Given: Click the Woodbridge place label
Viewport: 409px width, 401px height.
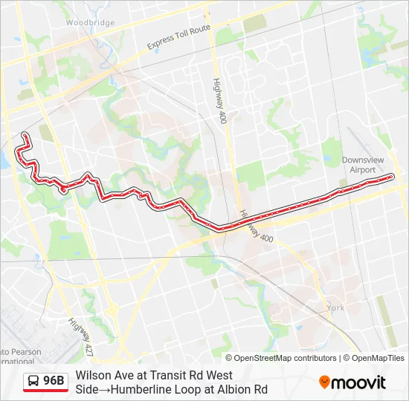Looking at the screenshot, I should (x=90, y=23).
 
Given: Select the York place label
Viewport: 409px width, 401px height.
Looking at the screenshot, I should (x=335, y=307).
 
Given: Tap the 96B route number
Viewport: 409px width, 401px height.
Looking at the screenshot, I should (x=54, y=382).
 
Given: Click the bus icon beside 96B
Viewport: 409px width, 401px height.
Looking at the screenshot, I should (x=34, y=382).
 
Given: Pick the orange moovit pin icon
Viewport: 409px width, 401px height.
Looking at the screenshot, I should (x=325, y=382).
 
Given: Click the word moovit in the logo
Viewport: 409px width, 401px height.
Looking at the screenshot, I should (x=358, y=382).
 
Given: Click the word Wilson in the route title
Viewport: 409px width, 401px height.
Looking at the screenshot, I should (x=91, y=376).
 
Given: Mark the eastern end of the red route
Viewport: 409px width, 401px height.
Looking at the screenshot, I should (x=391, y=176).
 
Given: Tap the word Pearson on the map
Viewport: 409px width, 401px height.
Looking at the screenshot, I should (x=14, y=351).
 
